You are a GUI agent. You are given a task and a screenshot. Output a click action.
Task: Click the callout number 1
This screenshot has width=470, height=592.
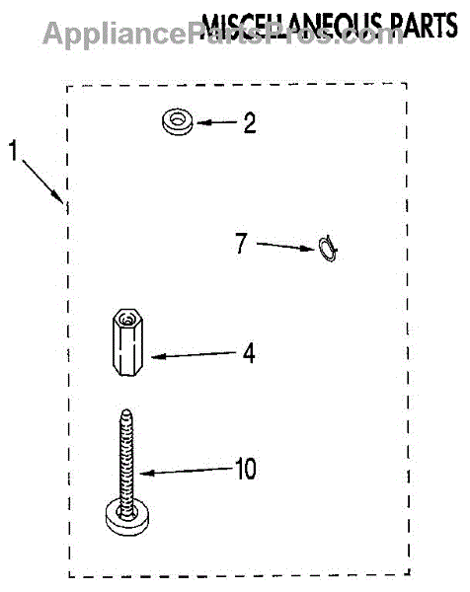[13, 150]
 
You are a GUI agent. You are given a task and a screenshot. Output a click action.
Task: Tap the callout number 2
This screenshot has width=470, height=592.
[250, 122]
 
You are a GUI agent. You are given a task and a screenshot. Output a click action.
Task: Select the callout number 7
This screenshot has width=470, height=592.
[242, 243]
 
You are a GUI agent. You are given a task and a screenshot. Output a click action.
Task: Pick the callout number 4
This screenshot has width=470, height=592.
[249, 353]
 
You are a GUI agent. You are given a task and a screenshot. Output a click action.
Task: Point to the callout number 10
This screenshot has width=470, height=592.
[246, 469]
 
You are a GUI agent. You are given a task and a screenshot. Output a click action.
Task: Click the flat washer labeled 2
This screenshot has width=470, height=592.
[177, 122]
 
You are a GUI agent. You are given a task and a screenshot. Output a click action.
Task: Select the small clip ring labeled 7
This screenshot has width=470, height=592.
[328, 249]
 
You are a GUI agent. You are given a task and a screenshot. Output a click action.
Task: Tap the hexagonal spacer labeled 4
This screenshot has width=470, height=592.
[127, 342]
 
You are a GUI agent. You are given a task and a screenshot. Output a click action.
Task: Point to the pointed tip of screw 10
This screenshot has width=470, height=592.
[127, 410]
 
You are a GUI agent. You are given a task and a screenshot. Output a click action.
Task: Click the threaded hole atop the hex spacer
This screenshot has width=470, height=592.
[127, 320]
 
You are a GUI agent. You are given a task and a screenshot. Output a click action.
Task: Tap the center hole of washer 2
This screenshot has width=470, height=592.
[177, 119]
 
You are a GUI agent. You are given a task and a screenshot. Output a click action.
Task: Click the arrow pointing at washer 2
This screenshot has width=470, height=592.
[217, 122]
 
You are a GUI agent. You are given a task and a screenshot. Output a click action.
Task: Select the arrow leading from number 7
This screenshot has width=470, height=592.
[285, 246]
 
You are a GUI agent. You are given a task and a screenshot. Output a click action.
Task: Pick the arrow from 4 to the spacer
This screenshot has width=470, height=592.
[194, 355]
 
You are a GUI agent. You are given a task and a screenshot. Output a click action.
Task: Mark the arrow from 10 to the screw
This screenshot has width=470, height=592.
[186, 471]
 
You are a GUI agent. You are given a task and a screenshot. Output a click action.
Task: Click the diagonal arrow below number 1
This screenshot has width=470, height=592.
[42, 182]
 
